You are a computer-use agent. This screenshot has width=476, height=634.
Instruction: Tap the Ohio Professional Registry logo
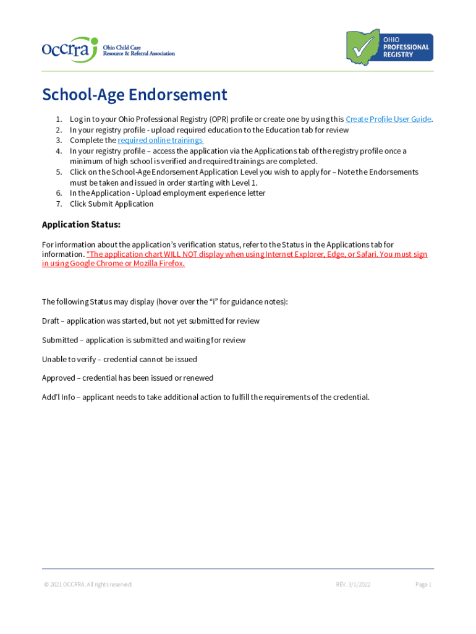click(389, 47)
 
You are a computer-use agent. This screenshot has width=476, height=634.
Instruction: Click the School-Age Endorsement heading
click(135, 95)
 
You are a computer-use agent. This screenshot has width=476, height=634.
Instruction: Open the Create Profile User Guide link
click(388, 119)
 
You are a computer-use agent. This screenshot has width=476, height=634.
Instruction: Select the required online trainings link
click(160, 141)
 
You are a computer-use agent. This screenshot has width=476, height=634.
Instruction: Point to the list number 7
click(58, 204)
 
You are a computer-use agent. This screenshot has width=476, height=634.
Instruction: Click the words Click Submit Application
click(111, 204)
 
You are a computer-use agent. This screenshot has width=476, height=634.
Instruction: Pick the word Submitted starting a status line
click(60, 340)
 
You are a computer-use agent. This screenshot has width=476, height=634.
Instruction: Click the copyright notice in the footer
click(87, 584)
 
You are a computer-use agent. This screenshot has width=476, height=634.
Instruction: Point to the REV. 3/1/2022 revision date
click(353, 584)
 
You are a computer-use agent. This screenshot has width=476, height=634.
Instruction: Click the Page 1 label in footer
click(423, 584)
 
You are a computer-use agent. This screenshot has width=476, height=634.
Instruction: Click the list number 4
click(58, 151)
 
